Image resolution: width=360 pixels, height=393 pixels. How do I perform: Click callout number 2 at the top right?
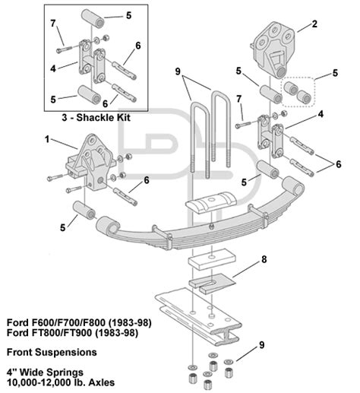(312, 25)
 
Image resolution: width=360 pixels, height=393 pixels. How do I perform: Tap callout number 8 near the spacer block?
(264, 260)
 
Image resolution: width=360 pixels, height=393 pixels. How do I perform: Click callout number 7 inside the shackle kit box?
(53, 24)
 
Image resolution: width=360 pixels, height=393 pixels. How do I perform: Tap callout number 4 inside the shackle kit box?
(53, 68)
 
